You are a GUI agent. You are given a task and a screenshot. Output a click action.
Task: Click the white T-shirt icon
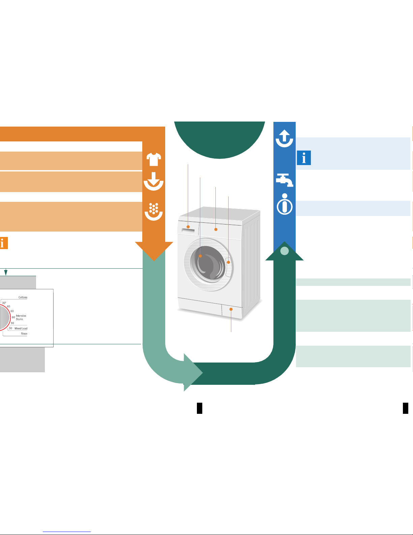[x=154, y=159]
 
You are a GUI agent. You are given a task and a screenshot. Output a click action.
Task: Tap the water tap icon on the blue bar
[x=285, y=180]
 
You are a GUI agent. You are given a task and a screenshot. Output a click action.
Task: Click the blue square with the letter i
[x=304, y=158]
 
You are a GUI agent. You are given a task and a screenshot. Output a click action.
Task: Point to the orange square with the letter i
[x=3, y=243]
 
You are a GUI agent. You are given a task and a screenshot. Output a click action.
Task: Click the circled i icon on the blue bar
[x=285, y=204]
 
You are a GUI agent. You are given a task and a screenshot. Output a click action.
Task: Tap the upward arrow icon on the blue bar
[x=285, y=138]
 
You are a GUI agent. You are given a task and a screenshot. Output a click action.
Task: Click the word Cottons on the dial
[x=23, y=297]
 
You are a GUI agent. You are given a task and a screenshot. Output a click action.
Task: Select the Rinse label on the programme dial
[x=24, y=333]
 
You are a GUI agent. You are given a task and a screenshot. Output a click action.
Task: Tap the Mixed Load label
[x=21, y=328]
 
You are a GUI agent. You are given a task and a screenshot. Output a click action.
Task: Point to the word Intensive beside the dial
[x=21, y=316]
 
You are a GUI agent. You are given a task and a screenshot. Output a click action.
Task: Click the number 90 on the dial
[x=12, y=323]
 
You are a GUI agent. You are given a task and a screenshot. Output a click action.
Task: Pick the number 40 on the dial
[x=8, y=306]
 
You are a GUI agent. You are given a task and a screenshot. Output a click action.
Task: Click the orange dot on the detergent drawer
[x=188, y=227]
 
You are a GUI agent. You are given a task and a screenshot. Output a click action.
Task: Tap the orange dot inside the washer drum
[x=200, y=256]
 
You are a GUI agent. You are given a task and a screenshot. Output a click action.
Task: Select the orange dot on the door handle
[x=229, y=262]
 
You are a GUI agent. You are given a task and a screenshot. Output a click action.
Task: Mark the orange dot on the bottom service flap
[x=231, y=309]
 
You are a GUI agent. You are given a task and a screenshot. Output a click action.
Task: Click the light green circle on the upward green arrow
[x=285, y=251]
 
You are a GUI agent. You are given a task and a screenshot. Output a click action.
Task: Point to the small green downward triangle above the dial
[x=6, y=272]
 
